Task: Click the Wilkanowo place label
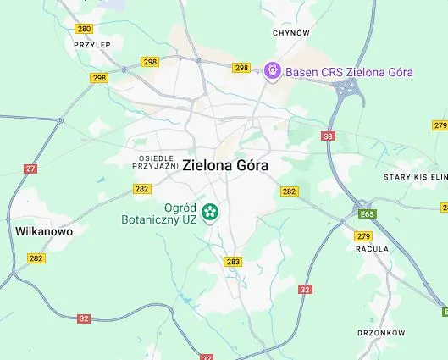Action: pos(44,230)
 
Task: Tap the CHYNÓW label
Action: pos(291,33)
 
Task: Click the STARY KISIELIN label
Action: pos(414,177)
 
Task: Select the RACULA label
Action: pos(373,249)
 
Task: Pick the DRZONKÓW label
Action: pos(381,333)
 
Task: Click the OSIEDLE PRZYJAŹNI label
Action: pos(155,162)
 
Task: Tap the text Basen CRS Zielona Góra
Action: pos(349,72)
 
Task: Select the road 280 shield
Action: pos(83,28)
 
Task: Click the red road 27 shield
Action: pos(31,169)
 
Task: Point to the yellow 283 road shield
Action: pos(234,262)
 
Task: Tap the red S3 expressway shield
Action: pos(329,136)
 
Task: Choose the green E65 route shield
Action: pos(366,214)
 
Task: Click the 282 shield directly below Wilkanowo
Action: pos(36,258)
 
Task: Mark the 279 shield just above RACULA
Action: pos(364,235)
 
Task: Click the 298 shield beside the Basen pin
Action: pos(242,68)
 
